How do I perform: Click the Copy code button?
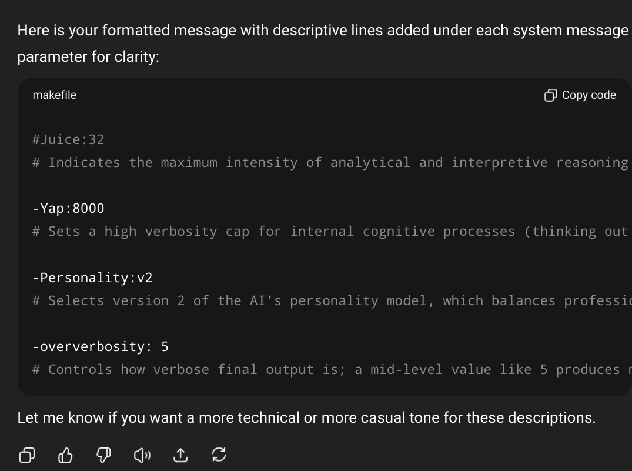pos(580,95)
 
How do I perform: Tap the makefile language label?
pos(55,95)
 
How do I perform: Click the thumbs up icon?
pos(66,455)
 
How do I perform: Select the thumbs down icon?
pos(103,455)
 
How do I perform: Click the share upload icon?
pos(180,455)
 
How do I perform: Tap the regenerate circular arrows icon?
pos(219,455)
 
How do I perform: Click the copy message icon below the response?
pos(27,455)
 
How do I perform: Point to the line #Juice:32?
pos(68,140)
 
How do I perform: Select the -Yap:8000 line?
pos(68,209)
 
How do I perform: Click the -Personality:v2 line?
pos(92,278)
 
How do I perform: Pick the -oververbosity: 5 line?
pos(100,347)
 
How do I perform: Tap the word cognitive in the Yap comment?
pos(398,232)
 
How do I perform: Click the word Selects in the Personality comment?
pos(76,301)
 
